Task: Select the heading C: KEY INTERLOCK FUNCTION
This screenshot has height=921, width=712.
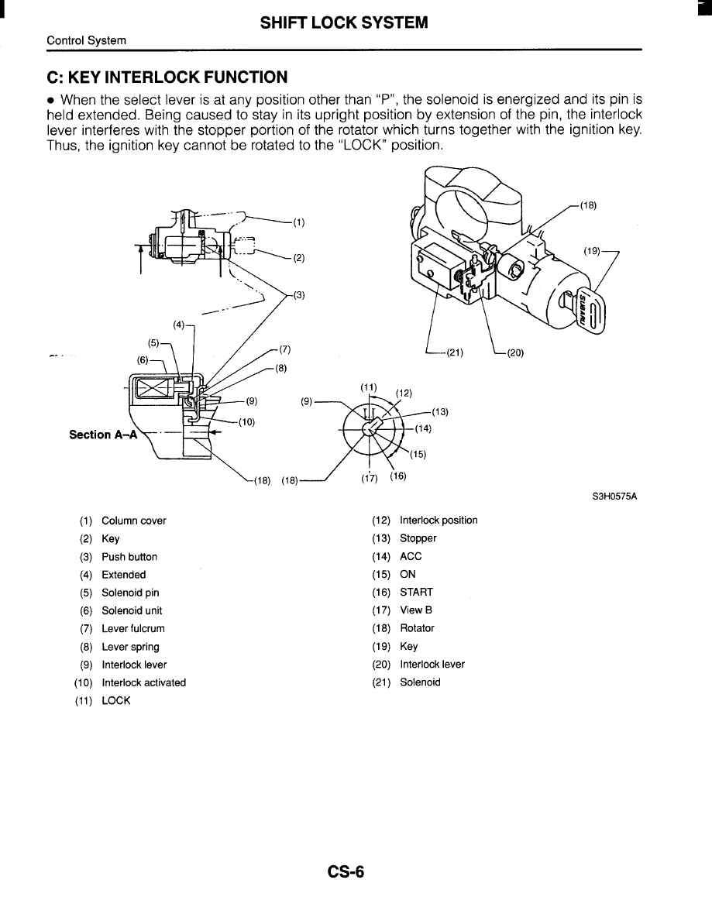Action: [167, 77]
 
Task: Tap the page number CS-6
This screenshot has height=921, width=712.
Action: [346, 872]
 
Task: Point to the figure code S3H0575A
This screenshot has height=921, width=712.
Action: [614, 498]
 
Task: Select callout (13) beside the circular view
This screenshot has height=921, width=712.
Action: [442, 411]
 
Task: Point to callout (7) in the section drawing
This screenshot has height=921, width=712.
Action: [284, 349]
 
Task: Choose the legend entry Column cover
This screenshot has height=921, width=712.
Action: [133, 521]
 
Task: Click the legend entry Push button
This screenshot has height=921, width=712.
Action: [129, 557]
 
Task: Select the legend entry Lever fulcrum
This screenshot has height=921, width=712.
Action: [132, 629]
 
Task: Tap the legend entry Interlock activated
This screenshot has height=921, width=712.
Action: [143, 682]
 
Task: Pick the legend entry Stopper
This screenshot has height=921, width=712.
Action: [418, 538]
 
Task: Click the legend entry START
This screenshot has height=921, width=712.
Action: [416, 592]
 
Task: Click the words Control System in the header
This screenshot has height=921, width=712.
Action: [87, 40]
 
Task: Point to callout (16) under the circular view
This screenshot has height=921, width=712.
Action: [398, 476]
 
